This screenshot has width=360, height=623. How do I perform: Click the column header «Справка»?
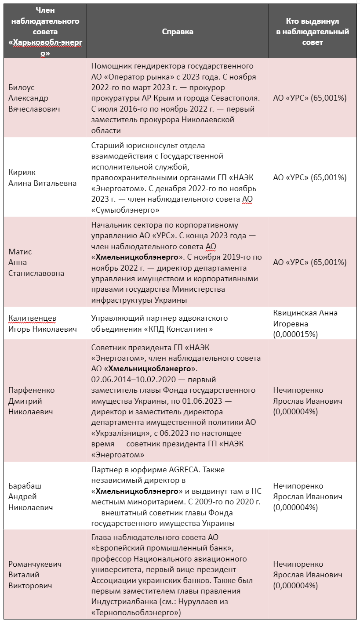(178, 32)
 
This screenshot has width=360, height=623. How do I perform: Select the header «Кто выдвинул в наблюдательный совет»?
(312, 32)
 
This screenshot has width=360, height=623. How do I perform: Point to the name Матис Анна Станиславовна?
(36, 262)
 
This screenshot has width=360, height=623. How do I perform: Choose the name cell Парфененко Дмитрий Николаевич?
(31, 401)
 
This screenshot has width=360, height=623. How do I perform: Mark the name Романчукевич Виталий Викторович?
(35, 575)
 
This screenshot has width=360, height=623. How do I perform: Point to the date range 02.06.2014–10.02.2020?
(132, 379)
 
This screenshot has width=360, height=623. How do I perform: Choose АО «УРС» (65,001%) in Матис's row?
(309, 262)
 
